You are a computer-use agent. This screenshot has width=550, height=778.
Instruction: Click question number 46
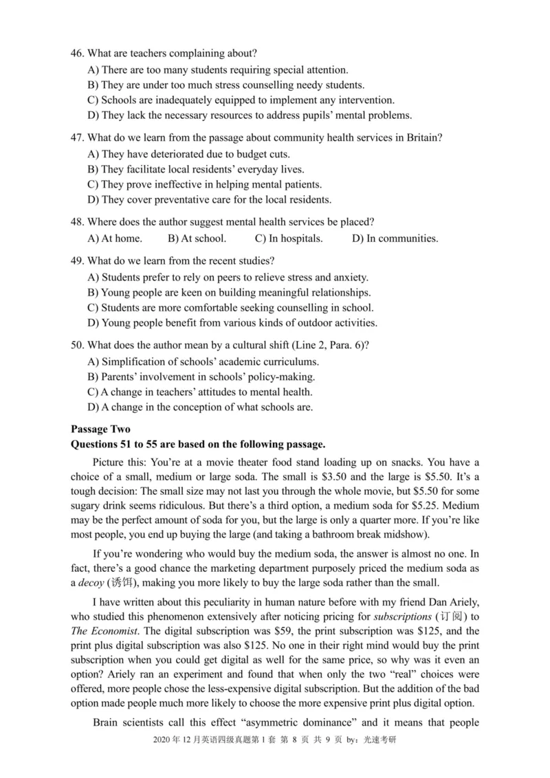coord(78,53)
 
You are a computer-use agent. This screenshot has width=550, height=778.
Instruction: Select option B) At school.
coord(196,238)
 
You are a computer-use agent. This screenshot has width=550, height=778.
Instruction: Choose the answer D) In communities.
coord(395,238)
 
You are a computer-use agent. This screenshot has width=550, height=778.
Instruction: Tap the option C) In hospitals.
coord(288,238)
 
